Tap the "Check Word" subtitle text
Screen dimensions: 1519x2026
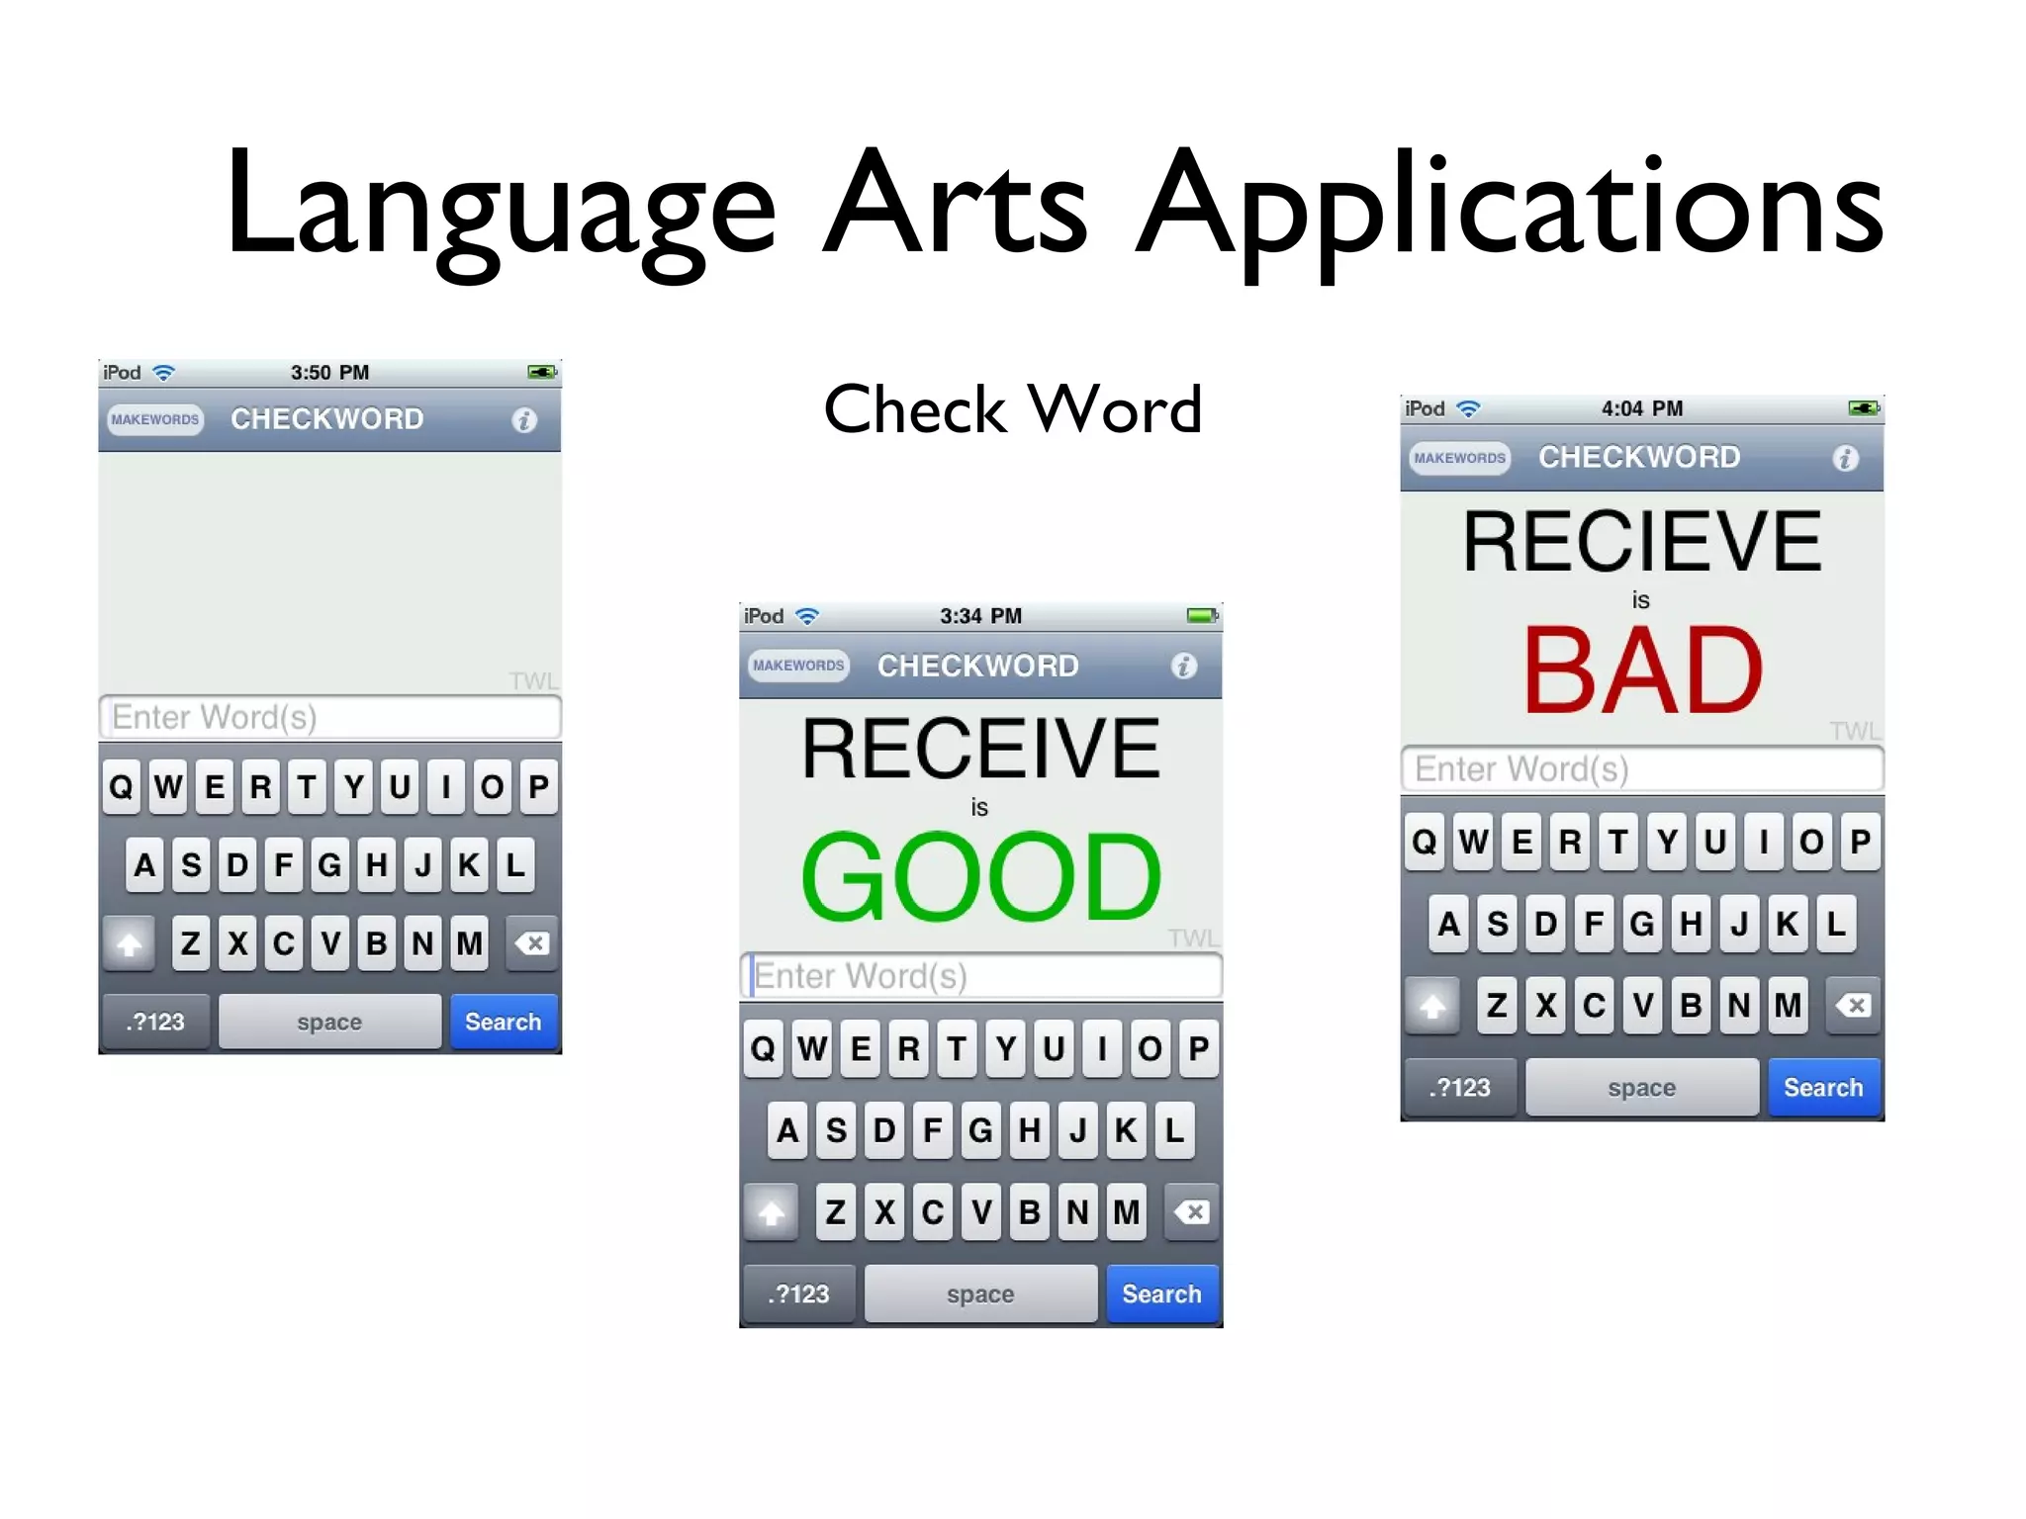pyautogui.click(x=1012, y=409)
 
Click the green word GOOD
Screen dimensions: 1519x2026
pyautogui.click(x=980, y=876)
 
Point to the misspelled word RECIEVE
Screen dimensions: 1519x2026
pyautogui.click(x=1642, y=542)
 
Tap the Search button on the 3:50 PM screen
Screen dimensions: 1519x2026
pyautogui.click(x=504, y=1022)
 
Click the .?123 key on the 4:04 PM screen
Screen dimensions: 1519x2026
pyautogui.click(x=1459, y=1088)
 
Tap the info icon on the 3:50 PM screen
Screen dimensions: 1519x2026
pyautogui.click(x=524, y=420)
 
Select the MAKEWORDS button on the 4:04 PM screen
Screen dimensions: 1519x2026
pyautogui.click(x=1459, y=458)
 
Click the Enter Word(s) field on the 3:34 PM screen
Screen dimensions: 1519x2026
pyautogui.click(x=980, y=976)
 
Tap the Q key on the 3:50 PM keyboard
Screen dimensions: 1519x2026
pyautogui.click(x=122, y=787)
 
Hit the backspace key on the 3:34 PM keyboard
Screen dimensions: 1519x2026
pyautogui.click(x=1193, y=1212)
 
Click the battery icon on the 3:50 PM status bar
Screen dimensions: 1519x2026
pyautogui.click(x=541, y=373)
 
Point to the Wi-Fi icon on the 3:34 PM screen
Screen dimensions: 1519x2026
pyautogui.click(x=807, y=616)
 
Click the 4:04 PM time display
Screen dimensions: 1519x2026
pyautogui.click(x=1642, y=408)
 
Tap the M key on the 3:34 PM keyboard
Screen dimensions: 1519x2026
pyautogui.click(x=1126, y=1212)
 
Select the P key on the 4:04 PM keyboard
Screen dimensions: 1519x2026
pyautogui.click(x=1860, y=843)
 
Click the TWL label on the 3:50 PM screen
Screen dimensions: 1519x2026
pyautogui.click(x=533, y=680)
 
